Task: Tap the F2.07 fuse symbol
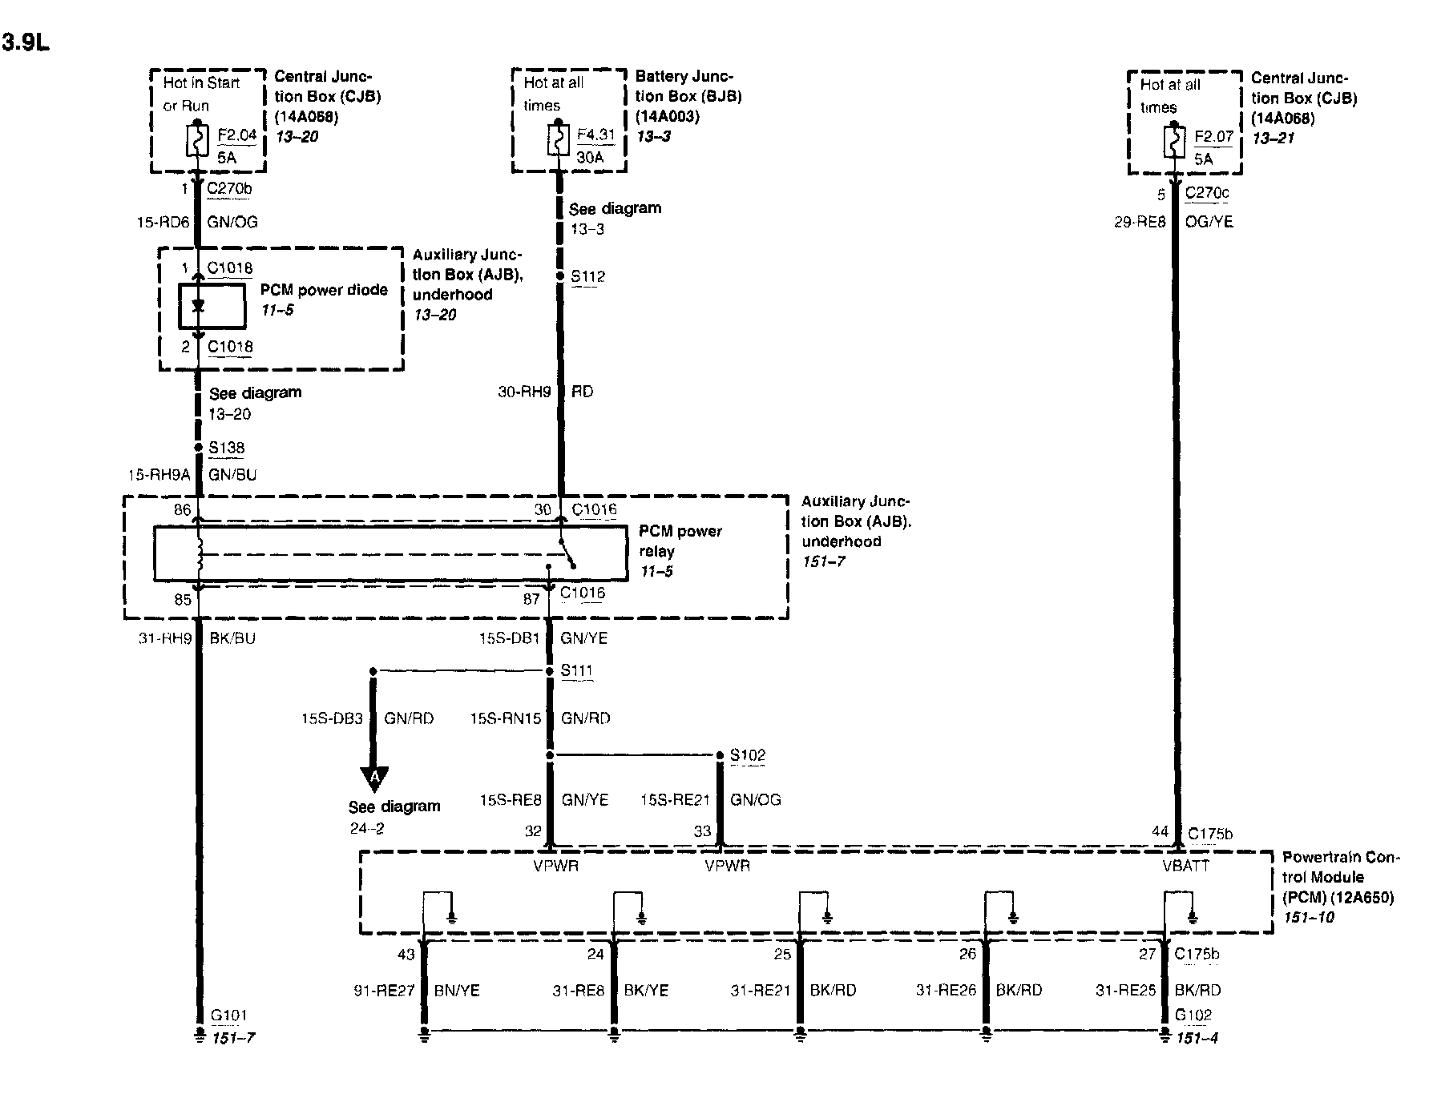coord(1174,143)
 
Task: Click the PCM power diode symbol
coord(199,306)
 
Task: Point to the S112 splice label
coord(587,277)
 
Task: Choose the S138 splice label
coord(226,448)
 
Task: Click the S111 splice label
coord(576,670)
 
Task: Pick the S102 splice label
coord(747,755)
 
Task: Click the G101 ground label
coord(228,1016)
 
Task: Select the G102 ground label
coord(1193,1016)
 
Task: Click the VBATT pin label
coord(1185,866)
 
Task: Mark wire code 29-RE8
coord(1139,222)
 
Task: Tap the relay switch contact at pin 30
coord(567,552)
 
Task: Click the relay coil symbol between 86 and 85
coord(199,553)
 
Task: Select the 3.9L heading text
coord(25,42)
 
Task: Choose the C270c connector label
coord(1206,193)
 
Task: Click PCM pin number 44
coord(1160,832)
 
